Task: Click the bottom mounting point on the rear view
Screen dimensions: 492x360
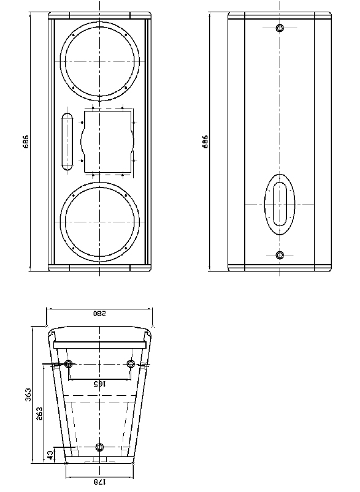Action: click(x=280, y=255)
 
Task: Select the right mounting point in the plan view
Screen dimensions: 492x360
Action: click(x=131, y=365)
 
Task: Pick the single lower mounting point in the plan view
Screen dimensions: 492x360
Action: click(x=101, y=446)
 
